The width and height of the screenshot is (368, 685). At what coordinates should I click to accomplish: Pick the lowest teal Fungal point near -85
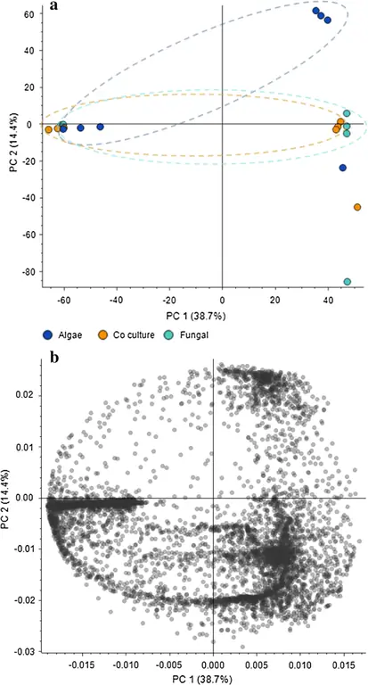click(347, 282)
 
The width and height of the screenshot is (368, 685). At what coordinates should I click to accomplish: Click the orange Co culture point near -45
click(357, 207)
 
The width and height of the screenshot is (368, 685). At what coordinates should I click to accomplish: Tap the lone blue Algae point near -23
click(343, 168)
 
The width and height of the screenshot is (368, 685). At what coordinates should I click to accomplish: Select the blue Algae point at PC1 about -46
click(101, 127)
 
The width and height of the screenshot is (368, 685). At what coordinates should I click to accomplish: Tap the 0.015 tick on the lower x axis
click(342, 664)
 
